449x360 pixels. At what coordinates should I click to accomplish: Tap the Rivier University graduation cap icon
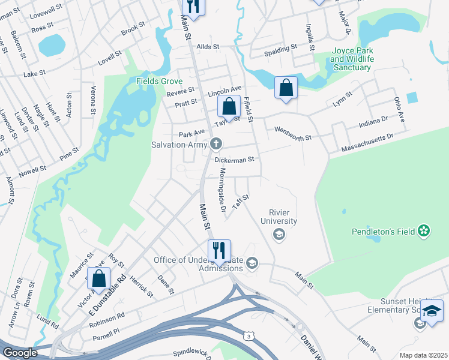[x=279, y=235]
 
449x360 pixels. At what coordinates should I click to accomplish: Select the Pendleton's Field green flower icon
[x=424, y=230]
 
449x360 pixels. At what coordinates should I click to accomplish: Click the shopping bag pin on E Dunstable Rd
[x=98, y=279]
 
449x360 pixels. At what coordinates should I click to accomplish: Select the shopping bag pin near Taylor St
[x=229, y=107]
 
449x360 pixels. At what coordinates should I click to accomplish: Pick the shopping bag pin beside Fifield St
[x=286, y=88]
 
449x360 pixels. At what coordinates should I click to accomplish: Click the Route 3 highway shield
[x=249, y=337]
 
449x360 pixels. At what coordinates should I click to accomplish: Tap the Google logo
[x=19, y=353]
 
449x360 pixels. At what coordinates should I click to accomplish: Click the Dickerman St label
[x=236, y=160]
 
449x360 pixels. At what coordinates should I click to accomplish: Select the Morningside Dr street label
[x=221, y=190]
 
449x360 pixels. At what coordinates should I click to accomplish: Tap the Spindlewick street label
[x=192, y=355]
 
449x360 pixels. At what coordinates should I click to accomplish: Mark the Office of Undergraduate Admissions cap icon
[x=252, y=263]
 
